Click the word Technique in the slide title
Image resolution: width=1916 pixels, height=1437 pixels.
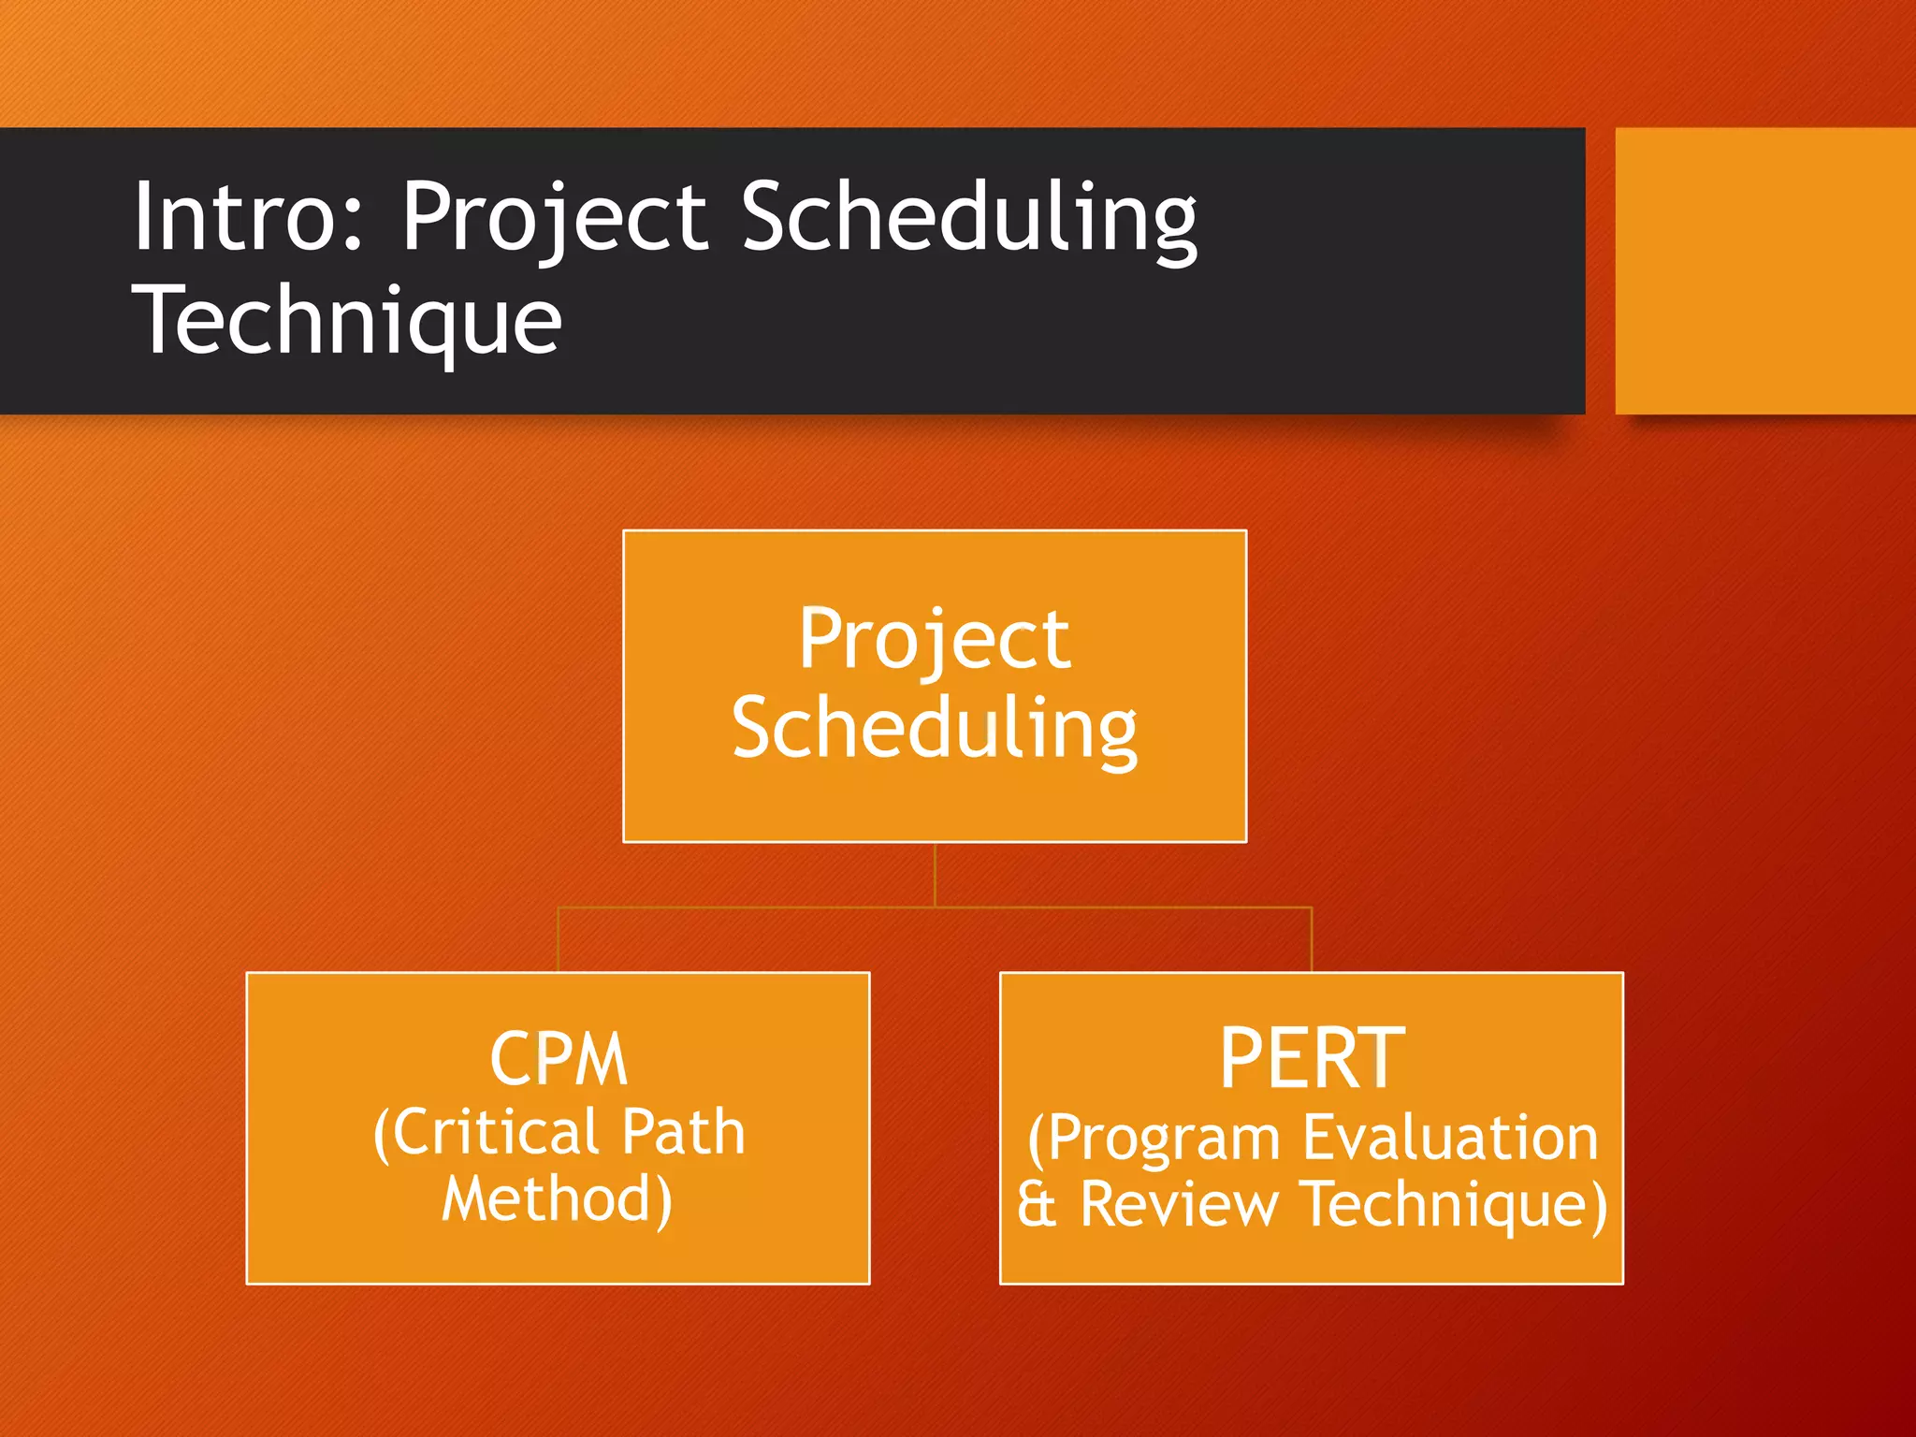click(x=347, y=320)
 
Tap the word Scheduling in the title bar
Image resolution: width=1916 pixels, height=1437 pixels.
click(x=969, y=217)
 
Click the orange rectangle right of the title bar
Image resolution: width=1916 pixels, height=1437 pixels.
click(x=1764, y=270)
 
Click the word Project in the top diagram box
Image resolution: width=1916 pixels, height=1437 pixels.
click(x=934, y=640)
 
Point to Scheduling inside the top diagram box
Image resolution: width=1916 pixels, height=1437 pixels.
click(x=934, y=729)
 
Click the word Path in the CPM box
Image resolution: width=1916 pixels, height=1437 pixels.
click(x=683, y=1133)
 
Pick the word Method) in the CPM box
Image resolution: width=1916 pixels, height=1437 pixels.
click(x=558, y=1199)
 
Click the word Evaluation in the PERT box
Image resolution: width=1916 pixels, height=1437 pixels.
click(x=1450, y=1138)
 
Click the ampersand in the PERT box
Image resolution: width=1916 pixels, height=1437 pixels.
click(x=1037, y=1204)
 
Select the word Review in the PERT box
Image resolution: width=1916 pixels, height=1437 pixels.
click(x=1179, y=1204)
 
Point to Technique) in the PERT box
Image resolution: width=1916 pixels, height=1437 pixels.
click(x=1455, y=1204)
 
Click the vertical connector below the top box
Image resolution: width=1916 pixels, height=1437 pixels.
click(x=935, y=875)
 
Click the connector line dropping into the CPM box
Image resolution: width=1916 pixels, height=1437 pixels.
click(x=559, y=939)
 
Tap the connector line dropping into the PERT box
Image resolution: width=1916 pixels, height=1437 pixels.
click(x=1312, y=939)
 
